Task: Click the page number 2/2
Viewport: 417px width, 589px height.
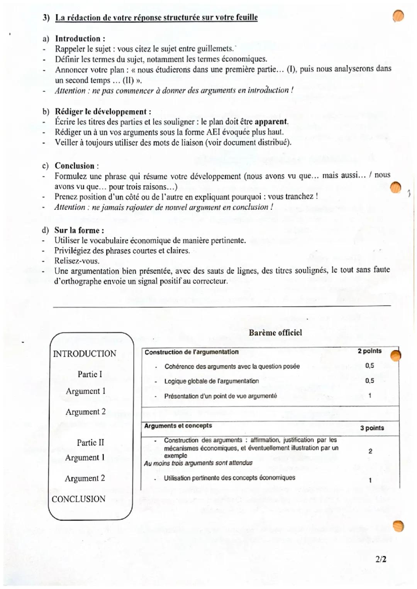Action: click(x=381, y=559)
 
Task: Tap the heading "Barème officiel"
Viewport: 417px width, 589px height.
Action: click(x=275, y=332)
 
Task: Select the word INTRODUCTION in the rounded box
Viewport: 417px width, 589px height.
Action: click(x=85, y=354)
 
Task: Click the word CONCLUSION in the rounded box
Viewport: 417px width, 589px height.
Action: click(x=78, y=499)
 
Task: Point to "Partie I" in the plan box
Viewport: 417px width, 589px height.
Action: click(x=90, y=374)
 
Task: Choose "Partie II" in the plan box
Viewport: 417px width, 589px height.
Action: click(x=90, y=442)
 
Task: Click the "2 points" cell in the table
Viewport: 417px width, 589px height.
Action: click(x=370, y=351)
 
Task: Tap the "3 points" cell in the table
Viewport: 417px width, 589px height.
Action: click(x=372, y=428)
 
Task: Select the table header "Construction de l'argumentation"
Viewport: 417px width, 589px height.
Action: click(x=192, y=352)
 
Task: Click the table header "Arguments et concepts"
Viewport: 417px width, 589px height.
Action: click(x=178, y=425)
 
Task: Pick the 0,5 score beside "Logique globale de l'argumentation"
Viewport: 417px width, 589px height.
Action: click(x=370, y=381)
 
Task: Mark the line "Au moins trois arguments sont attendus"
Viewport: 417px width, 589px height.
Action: click(x=198, y=463)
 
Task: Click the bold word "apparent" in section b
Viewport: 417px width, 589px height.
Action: click(x=271, y=122)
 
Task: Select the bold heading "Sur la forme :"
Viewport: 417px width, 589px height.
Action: click(x=79, y=230)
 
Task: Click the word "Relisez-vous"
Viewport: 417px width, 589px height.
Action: click(x=76, y=261)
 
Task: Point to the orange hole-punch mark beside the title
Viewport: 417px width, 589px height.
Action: click(x=398, y=16)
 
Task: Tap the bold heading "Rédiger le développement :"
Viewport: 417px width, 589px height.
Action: click(x=103, y=111)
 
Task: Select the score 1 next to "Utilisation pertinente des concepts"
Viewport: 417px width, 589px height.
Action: click(x=370, y=480)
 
